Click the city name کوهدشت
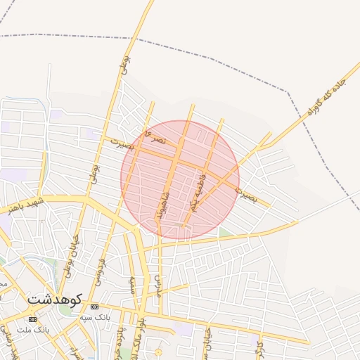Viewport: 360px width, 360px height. (55, 300)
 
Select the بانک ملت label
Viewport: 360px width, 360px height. (51, 329)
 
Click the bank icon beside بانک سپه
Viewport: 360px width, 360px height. (94, 307)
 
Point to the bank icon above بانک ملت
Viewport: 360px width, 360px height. (32, 319)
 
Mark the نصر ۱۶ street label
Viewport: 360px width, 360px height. (155, 138)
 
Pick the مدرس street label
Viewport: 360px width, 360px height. (160, 284)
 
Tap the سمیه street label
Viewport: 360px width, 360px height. (131, 284)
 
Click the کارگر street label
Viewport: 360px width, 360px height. (259, 345)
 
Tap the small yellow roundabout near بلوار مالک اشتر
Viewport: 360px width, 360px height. (158, 351)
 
